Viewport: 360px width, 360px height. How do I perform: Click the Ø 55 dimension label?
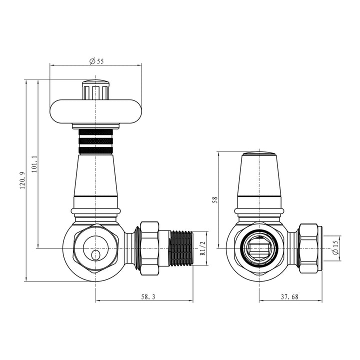coord(96,61)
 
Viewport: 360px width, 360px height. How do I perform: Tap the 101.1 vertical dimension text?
coord(33,164)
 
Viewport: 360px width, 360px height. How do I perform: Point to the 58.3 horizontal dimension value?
coord(145,296)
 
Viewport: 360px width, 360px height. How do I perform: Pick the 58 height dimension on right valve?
coord(215,199)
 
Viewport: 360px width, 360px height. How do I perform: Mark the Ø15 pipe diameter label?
coord(336,248)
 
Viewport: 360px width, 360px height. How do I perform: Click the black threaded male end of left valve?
coord(180,248)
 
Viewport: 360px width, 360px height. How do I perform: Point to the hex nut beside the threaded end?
coord(149,248)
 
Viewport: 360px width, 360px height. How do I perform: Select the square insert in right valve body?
coord(258,248)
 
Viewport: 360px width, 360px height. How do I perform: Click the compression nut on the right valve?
coord(308,248)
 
